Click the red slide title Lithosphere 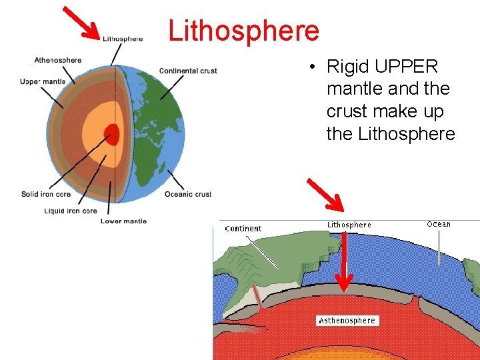[x=243, y=31]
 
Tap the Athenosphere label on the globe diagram [x=58, y=61]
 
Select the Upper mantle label [x=43, y=82]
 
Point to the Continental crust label [x=188, y=71]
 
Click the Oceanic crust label [x=188, y=194]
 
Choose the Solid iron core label [x=46, y=194]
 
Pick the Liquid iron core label [x=71, y=211]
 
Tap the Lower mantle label [x=123, y=221]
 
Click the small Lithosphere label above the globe [x=123, y=39]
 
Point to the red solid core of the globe [x=111, y=134]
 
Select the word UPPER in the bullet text [x=407, y=67]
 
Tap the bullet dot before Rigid [x=311, y=67]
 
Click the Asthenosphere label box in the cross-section [x=347, y=321]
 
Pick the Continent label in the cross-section [x=243, y=229]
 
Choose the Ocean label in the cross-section [x=439, y=224]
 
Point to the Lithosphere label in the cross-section [x=349, y=225]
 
